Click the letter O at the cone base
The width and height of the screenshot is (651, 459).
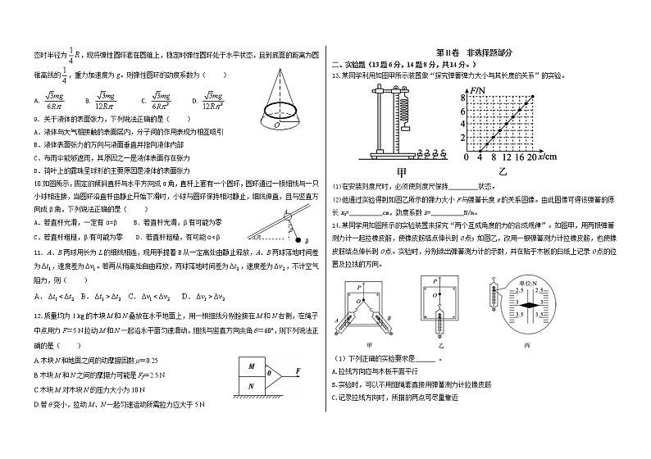(x=278, y=126)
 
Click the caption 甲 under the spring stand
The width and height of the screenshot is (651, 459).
(x=402, y=173)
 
